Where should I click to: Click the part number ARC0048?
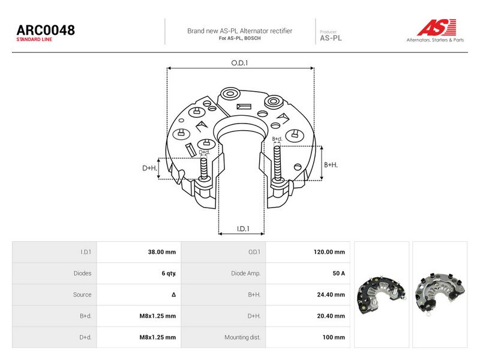pos(46,30)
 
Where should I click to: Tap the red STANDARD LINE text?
pos(34,40)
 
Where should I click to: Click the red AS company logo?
pos(437,27)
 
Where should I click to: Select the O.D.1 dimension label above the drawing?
pos(239,63)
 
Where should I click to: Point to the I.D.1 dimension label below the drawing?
pos(243,229)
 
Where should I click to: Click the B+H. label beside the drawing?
pos(331,165)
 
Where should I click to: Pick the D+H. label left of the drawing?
pos(149,168)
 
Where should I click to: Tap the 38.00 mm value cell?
pos(162,252)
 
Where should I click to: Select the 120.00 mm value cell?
pos(329,252)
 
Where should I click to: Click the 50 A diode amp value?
pos(338,274)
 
